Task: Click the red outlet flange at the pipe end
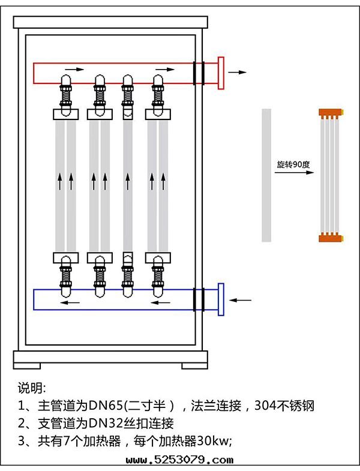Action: tap(221, 73)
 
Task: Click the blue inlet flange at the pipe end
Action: tap(221, 299)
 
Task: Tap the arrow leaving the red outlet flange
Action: tap(238, 72)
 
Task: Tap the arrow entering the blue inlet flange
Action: tap(242, 299)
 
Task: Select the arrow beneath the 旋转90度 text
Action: tap(295, 173)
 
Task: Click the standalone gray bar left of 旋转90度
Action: tap(266, 175)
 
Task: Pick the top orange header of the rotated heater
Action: tap(330, 112)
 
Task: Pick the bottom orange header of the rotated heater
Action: tap(330, 238)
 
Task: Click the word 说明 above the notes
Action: tap(31, 387)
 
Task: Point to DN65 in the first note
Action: tap(103, 406)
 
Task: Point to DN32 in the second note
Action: tap(103, 424)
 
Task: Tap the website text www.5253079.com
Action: tap(180, 461)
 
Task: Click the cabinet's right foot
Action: tap(195, 365)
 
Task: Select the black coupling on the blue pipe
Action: tap(199, 299)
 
